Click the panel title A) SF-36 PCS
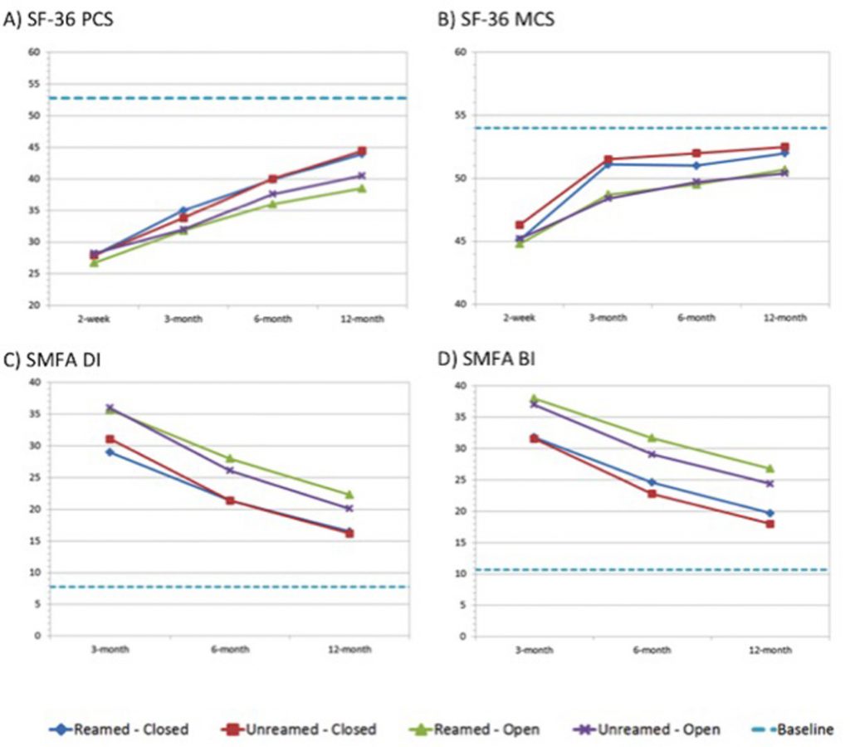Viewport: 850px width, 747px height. pos(58,18)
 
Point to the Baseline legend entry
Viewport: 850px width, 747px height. pos(793,730)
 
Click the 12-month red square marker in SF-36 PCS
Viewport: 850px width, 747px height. pos(362,151)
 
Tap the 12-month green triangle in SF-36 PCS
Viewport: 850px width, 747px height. pos(362,188)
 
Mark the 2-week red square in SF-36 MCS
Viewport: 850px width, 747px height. pos(520,225)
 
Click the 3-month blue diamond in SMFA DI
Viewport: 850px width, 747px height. pos(110,452)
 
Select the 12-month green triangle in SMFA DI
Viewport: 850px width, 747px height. pos(349,495)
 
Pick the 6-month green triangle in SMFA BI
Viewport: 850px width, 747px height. pos(652,437)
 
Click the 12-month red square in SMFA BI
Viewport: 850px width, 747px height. pos(770,524)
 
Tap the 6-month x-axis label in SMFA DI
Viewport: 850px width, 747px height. pos(229,650)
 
